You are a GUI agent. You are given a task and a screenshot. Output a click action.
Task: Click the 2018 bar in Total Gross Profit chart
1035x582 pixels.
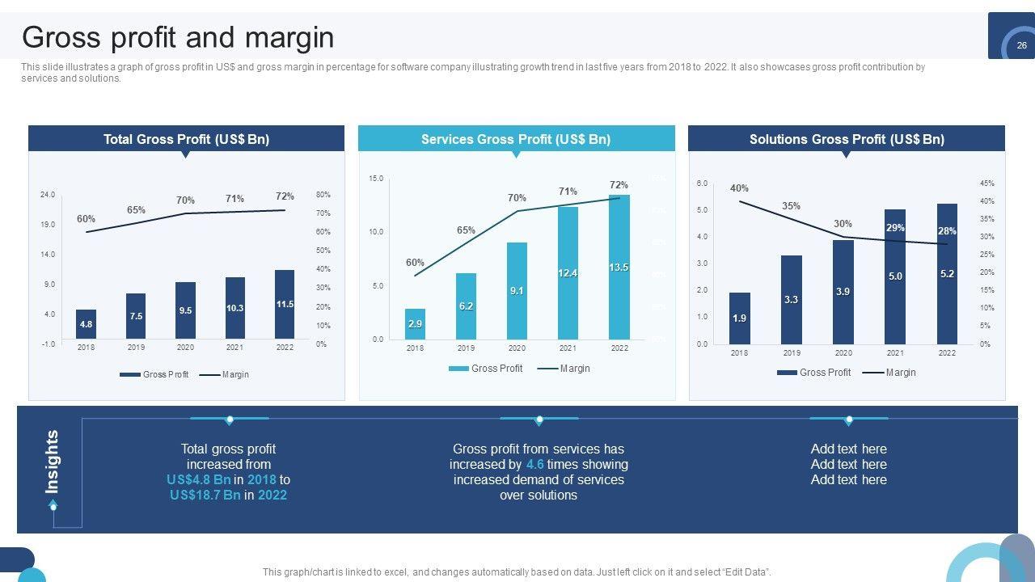(x=86, y=324)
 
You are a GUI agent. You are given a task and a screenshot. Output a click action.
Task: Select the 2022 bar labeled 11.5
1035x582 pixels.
(x=285, y=305)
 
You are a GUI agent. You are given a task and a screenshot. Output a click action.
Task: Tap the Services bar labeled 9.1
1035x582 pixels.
(x=517, y=290)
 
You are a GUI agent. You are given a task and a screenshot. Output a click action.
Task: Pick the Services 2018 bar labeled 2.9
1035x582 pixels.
(x=415, y=323)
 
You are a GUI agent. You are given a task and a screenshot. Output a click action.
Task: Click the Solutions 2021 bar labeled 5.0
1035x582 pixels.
(x=895, y=276)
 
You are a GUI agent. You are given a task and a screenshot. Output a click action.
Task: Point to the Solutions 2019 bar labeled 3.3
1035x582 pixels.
(x=791, y=300)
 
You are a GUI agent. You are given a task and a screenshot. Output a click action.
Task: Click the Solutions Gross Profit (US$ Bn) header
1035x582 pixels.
(x=847, y=139)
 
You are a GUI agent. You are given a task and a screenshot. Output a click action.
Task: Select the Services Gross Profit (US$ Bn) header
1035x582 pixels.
(x=516, y=139)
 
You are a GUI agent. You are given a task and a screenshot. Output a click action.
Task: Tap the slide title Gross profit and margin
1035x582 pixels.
(x=178, y=37)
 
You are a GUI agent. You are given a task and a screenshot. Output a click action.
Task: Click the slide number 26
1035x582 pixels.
(x=1021, y=46)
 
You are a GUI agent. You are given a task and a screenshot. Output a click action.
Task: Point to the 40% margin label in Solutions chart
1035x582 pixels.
(x=739, y=188)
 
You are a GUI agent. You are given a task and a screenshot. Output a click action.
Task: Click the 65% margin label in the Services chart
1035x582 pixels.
(x=466, y=230)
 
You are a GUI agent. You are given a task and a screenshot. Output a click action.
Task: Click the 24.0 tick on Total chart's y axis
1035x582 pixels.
(x=47, y=195)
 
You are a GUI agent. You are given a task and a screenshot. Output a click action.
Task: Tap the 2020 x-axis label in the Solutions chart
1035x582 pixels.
(x=843, y=353)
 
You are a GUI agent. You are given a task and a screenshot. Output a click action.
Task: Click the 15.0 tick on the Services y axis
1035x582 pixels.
(x=376, y=178)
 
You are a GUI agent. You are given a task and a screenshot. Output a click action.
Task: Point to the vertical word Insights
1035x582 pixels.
(x=53, y=462)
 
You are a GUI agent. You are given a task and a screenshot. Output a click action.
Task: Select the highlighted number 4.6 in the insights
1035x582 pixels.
(x=534, y=464)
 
